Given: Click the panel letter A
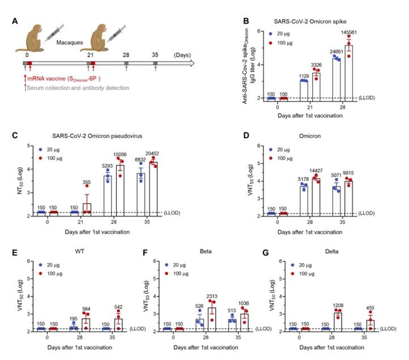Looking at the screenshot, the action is pos(15,21).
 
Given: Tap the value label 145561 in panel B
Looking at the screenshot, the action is pos(349,32).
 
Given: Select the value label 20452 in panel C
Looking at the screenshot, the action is pos(152,154).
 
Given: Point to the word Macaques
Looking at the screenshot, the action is pos(70,43).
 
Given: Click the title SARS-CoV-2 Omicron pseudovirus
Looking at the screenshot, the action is pos(97,135).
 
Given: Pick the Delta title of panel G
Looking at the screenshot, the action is pos(332,251).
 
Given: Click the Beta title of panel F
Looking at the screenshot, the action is pos(206,251).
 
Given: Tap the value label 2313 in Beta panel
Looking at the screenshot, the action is pos(212,297).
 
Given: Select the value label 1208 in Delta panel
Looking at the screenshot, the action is pos(338,305).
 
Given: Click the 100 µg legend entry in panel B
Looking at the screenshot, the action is pos(280,43).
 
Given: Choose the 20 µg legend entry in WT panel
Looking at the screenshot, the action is pos(49,265).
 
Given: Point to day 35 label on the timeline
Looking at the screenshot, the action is pos(155,55).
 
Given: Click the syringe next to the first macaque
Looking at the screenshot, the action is pos(54,33).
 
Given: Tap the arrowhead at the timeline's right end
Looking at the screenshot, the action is pos(192,63).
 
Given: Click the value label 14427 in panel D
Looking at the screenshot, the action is pos(316,171).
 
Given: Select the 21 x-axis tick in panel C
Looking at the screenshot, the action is pos(80,222).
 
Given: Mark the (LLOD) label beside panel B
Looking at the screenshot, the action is pos(367,98).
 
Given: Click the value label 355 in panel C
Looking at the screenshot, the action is pos(87,182).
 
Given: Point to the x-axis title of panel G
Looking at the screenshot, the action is pos(332,348).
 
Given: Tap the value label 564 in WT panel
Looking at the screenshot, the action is pos(86,309).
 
